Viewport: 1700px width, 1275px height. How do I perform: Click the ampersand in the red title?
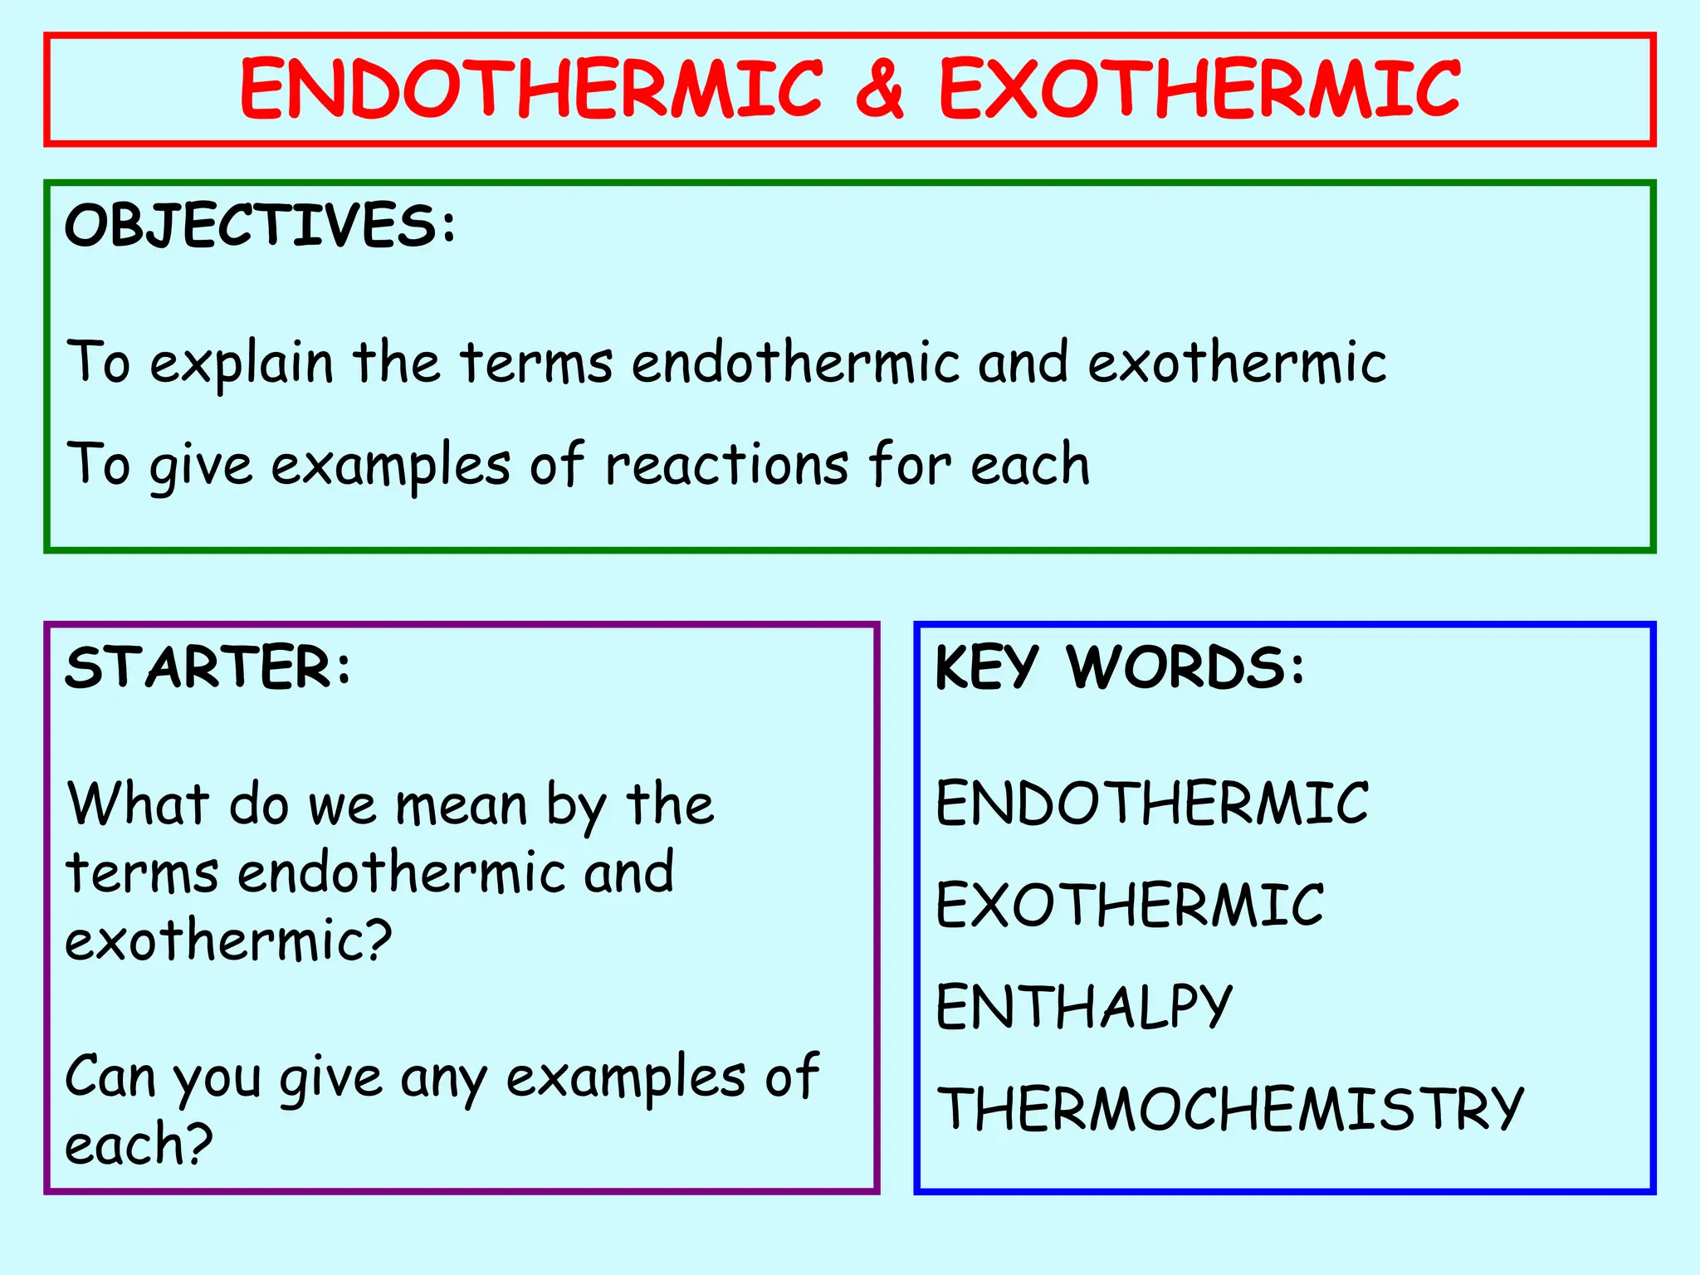click(x=879, y=90)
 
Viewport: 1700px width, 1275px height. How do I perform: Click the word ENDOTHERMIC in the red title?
click(x=531, y=90)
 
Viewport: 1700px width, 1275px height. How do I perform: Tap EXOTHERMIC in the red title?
click(x=1199, y=90)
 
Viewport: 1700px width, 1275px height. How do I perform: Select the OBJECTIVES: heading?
click(x=261, y=225)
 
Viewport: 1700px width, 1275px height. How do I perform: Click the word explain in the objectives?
click(x=242, y=364)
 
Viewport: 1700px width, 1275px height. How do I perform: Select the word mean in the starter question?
click(x=462, y=805)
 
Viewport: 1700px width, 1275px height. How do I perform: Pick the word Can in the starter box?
click(x=110, y=1077)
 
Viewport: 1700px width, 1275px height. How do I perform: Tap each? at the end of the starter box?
click(x=139, y=1145)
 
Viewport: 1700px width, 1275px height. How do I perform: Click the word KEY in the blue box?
click(x=987, y=667)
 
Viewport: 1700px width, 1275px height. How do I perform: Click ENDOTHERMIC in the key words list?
click(x=1152, y=804)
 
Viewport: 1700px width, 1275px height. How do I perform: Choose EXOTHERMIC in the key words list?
click(x=1130, y=905)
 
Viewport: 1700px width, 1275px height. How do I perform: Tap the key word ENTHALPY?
click(x=1084, y=1007)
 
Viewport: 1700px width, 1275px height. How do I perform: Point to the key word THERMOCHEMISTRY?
click(x=1230, y=1109)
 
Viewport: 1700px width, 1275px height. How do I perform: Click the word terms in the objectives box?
click(x=536, y=364)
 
